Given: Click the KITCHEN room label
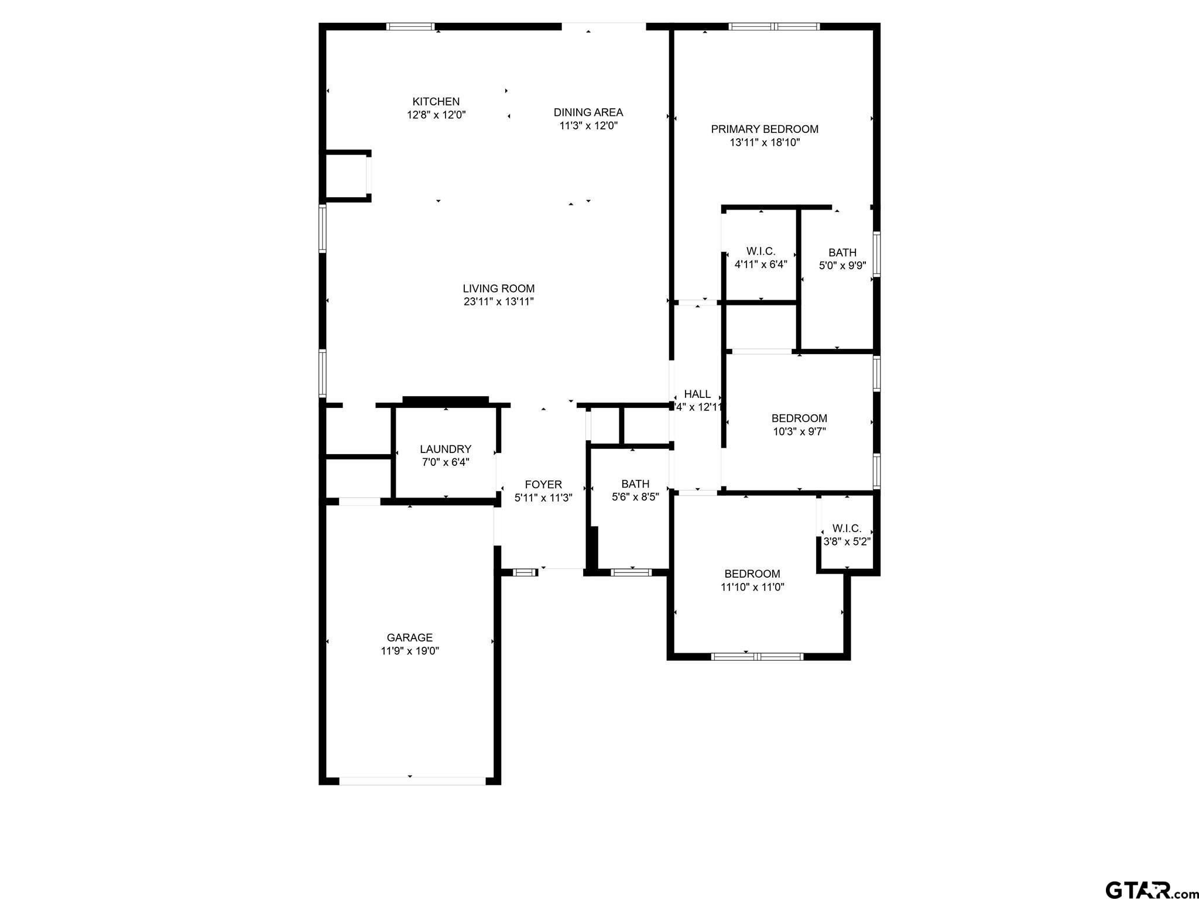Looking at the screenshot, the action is pos(436,102).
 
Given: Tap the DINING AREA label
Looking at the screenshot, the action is pos(588,112).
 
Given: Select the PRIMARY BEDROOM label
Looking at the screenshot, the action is pos(765,129).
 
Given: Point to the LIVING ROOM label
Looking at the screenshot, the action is pos(499,289).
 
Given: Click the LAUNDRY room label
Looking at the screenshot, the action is pos(446,449).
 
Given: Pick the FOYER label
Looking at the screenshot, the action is pos(543,485).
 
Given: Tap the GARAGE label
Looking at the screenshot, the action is pos(410,638).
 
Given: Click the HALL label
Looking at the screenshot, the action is pos(697,394).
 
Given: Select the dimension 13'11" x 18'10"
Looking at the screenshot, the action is pos(765,142).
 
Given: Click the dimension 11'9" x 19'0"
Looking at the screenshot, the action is pos(410,651).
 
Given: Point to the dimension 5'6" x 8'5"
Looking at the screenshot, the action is pos(635,497).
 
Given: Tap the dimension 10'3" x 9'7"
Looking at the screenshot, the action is pos(799,432).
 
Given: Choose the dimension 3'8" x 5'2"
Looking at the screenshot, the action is pos(847,542).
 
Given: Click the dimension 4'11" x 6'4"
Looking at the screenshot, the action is pos(761,265).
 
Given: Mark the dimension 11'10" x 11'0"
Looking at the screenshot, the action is pos(752,587).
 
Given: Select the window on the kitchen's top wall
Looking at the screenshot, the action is pos(411,26).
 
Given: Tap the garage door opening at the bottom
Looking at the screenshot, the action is pos(412,781).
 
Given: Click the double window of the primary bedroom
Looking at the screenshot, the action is pos(774,26).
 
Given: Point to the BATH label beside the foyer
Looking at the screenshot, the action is pos(635,485).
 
